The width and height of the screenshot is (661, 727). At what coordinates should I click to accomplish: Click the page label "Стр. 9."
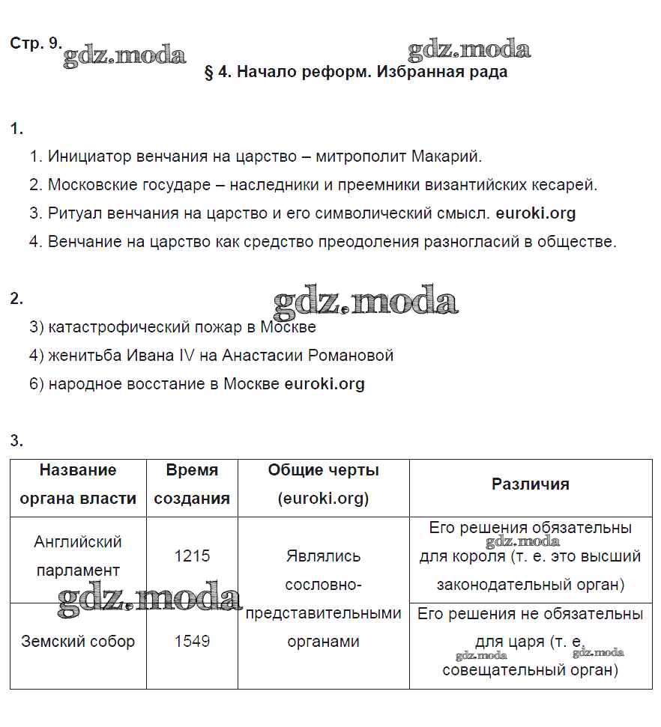coord(35,43)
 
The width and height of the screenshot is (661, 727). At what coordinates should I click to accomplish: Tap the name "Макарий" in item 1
coord(447,156)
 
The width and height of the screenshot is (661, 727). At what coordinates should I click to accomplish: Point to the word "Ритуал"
coord(73,213)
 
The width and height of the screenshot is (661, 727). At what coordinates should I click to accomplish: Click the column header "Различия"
coord(530,484)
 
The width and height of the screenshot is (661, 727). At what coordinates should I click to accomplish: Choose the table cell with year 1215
coord(192,556)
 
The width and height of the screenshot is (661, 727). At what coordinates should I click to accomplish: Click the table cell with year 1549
coord(192,642)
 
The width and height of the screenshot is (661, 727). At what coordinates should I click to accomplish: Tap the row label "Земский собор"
coord(78,642)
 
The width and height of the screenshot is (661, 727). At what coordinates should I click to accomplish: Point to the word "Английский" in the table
coord(78,542)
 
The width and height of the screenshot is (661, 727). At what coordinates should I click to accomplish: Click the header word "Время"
coord(192,470)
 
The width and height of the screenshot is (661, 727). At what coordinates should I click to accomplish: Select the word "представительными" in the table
coord(324,613)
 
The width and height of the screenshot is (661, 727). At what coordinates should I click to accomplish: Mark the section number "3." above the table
coord(16,441)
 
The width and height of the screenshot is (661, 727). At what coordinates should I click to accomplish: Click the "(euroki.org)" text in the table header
coord(324,499)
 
